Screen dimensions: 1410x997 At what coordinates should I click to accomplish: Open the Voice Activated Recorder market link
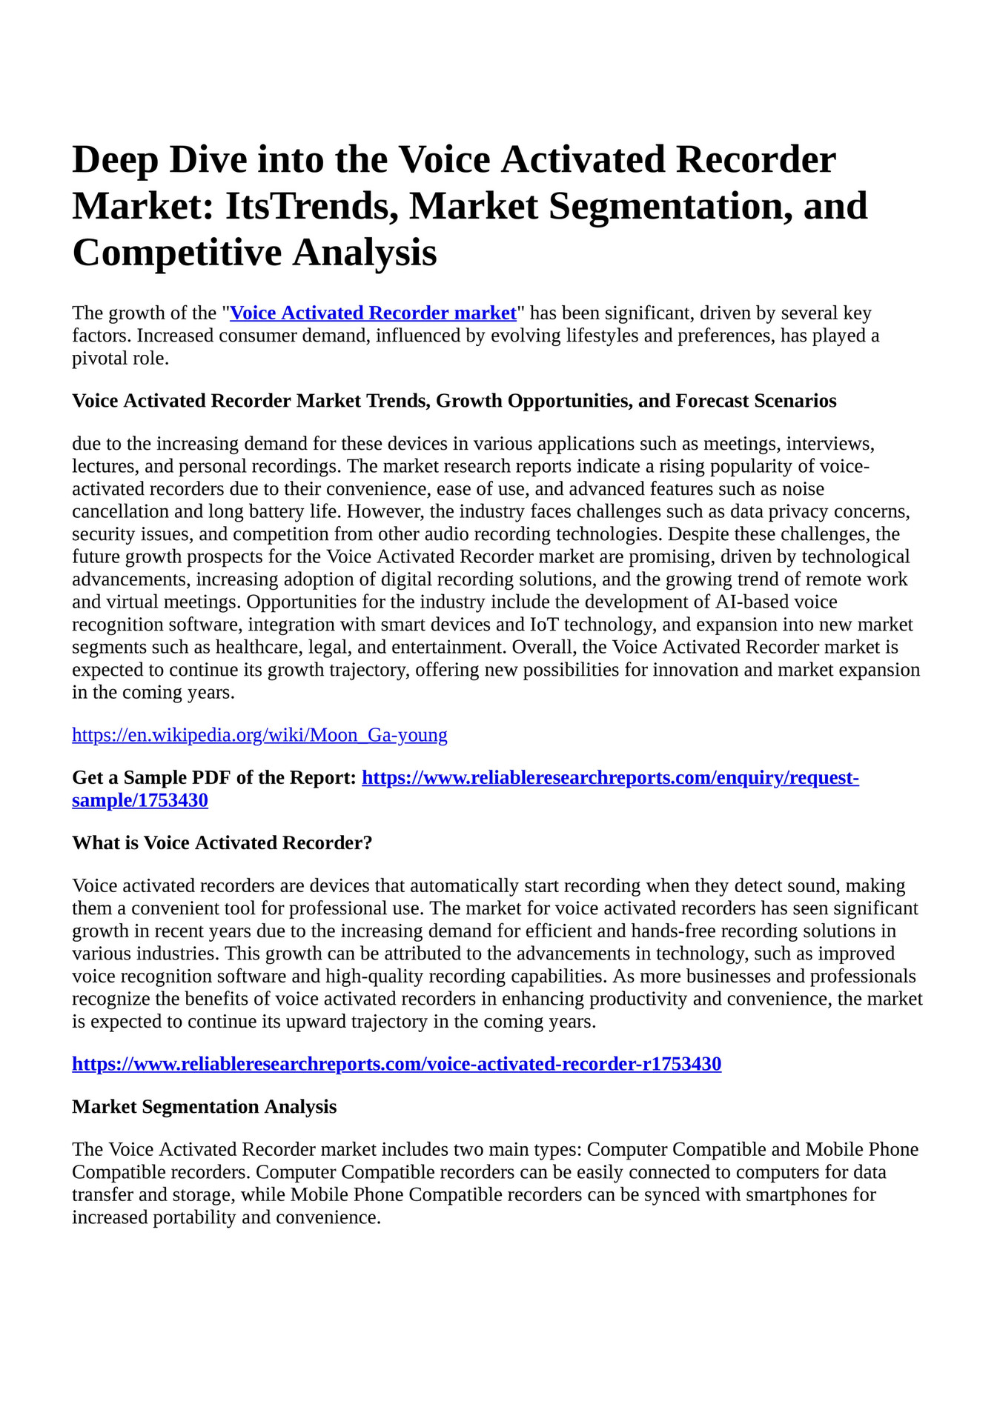(374, 313)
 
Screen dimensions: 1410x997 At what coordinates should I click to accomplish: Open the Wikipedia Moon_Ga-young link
(259, 735)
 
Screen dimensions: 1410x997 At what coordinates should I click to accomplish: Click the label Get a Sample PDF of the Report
(214, 778)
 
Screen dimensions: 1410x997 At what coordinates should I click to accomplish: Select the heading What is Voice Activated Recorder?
(222, 843)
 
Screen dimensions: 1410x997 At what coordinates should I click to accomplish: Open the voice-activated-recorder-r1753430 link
(397, 1065)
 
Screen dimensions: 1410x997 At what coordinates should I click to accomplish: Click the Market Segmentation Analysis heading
(204, 1107)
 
